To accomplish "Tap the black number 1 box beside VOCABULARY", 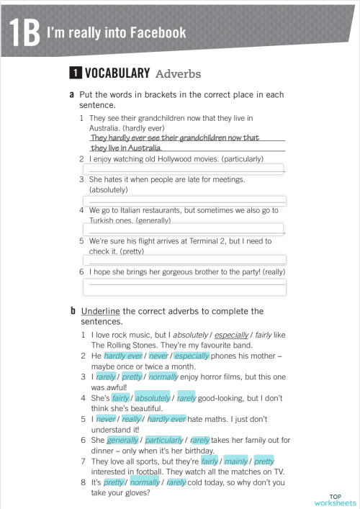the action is tap(74, 73).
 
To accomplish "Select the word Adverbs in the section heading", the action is tap(178, 73).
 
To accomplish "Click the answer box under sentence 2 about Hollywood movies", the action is tap(184, 169).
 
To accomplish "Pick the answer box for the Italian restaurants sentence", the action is tap(184, 230).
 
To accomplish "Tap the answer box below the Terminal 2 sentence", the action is tap(184, 260).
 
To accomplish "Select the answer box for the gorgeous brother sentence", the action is tap(184, 287).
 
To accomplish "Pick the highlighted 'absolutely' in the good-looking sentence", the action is tap(153, 397).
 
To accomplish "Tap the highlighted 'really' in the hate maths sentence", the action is tap(132, 418).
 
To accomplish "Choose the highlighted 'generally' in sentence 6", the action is tap(123, 439).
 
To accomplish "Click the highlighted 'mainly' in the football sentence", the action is tap(236, 460).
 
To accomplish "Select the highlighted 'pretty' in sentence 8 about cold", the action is tap(114, 481).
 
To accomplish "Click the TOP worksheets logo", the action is tap(336, 499).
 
